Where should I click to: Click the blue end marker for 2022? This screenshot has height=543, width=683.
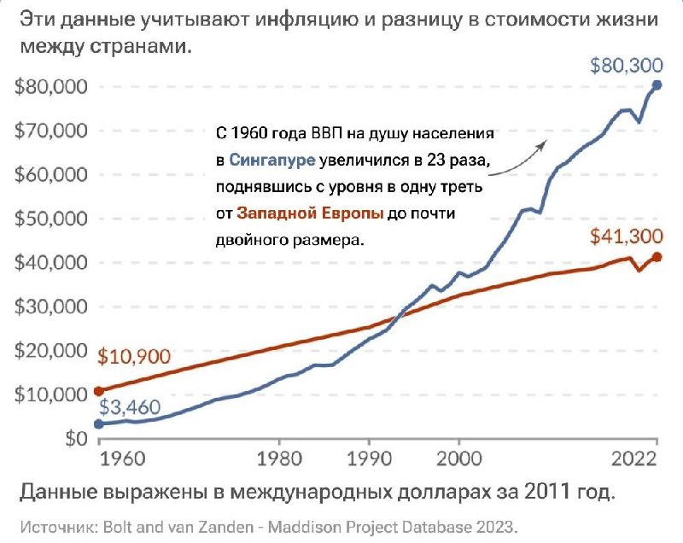[657, 85]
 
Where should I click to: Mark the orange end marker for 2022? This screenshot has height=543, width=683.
[657, 256]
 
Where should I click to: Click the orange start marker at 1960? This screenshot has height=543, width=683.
[99, 391]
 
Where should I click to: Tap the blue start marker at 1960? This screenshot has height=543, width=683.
[99, 423]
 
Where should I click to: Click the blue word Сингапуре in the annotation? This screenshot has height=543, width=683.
[272, 160]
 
